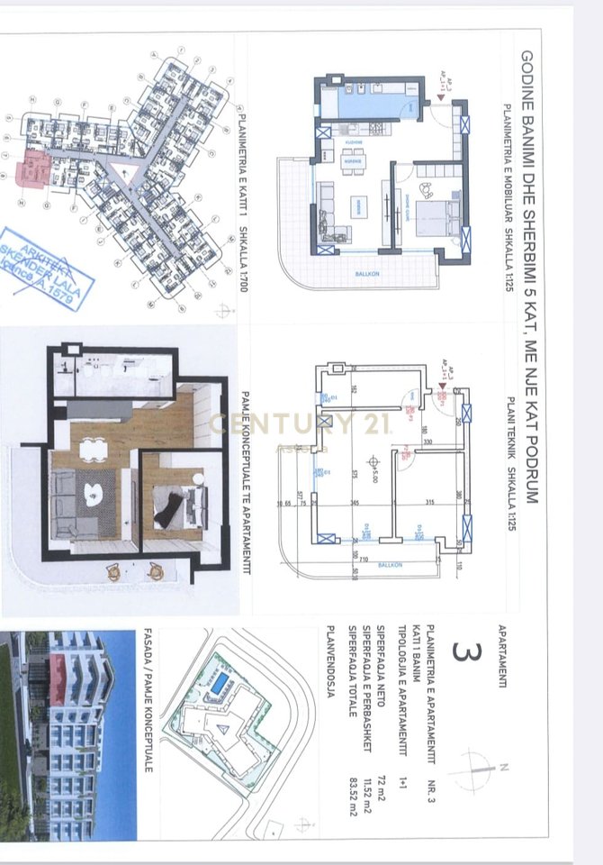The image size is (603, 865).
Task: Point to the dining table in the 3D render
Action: pos(91,448)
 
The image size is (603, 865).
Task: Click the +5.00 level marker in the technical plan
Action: pos(371,463)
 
